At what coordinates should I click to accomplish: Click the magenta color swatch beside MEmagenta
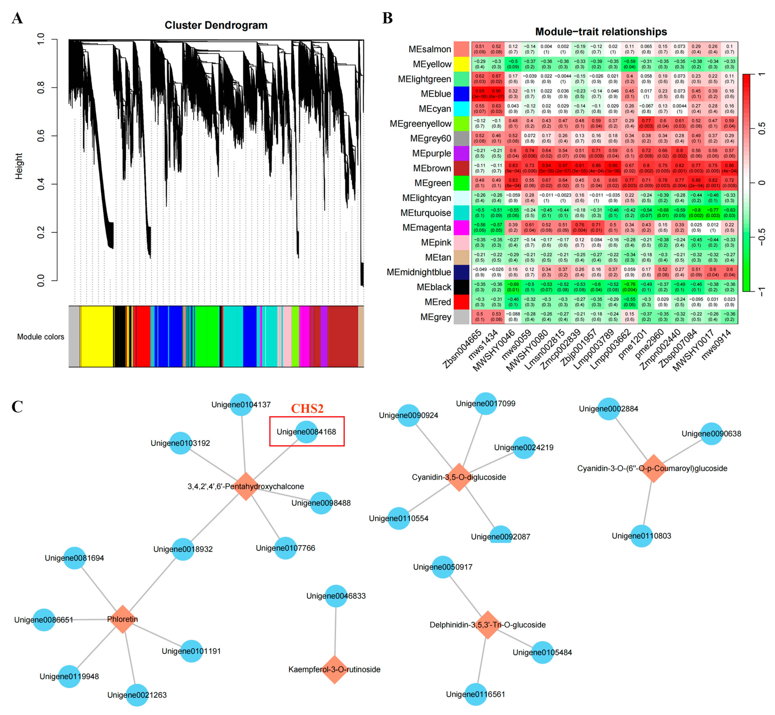tap(461, 227)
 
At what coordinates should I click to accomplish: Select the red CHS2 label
tap(307, 409)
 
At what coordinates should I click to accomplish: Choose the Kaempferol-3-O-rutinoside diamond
tap(334, 669)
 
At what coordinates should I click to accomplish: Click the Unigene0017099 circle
tap(486, 403)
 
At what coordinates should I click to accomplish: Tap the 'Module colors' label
tap(41, 337)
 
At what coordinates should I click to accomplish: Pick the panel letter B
tap(388, 18)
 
